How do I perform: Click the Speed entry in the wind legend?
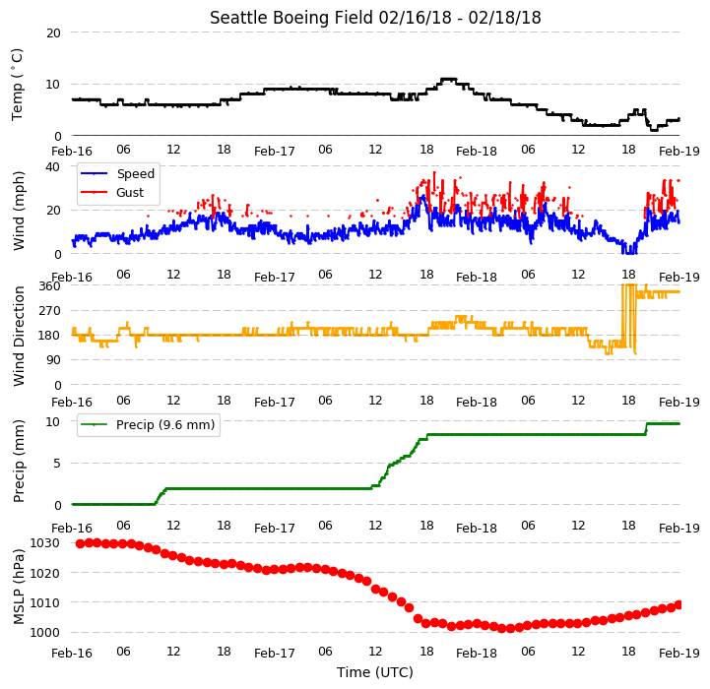(x=135, y=174)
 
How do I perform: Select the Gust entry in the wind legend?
(x=130, y=192)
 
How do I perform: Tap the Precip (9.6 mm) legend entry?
(x=165, y=424)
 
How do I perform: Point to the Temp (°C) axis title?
(x=17, y=85)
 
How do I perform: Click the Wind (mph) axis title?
(x=19, y=211)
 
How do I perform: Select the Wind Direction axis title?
(x=19, y=336)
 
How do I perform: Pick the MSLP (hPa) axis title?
(x=19, y=588)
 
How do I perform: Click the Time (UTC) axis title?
(x=375, y=672)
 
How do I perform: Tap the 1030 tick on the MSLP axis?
(x=45, y=542)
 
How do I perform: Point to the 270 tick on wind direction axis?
(x=51, y=311)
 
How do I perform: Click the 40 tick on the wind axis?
(x=52, y=167)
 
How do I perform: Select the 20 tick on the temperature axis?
(x=53, y=33)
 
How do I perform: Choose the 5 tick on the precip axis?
(x=57, y=464)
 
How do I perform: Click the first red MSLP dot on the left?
(x=80, y=543)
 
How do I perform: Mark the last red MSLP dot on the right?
(x=678, y=604)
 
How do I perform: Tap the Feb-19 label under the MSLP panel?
(x=679, y=654)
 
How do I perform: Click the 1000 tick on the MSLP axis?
(x=45, y=633)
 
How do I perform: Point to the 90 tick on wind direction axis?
(x=53, y=360)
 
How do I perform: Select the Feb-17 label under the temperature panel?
(x=275, y=151)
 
